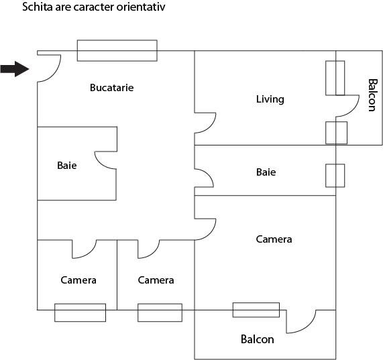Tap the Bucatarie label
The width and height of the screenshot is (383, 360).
112,87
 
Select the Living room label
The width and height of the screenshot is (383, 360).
270,99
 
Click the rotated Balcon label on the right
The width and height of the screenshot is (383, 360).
372,96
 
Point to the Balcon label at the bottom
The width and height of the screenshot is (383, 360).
257,339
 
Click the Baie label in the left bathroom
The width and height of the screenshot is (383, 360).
66,165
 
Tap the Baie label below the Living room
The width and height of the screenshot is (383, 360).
266,172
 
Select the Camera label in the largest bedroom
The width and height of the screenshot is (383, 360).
274,239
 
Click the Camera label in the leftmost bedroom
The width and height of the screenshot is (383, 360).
78,280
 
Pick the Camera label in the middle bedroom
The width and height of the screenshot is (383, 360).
156,280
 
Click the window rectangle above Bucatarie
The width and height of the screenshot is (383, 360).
117,50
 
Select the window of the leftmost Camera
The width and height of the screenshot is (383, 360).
80,312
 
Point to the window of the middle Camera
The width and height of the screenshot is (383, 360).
160,312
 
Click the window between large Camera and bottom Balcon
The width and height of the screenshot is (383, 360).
256,310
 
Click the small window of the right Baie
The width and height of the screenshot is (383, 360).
335,175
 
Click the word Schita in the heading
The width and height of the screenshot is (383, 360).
36,8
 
